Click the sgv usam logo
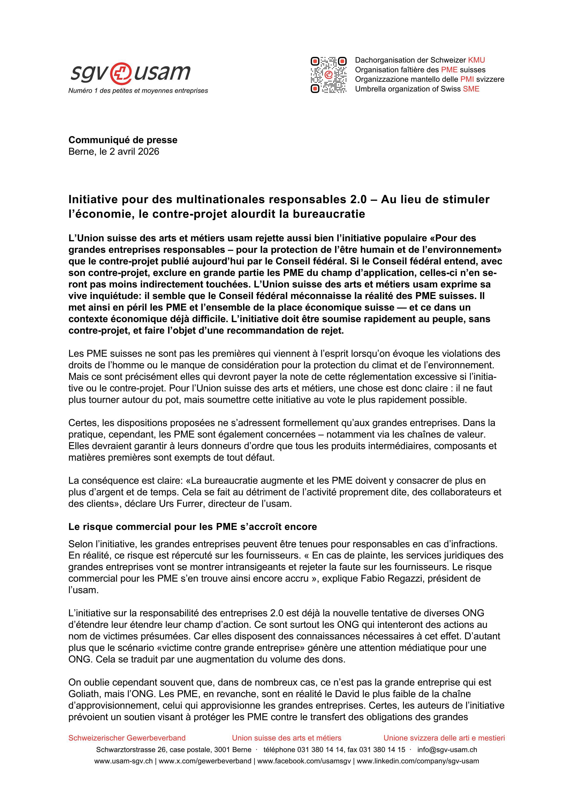coord(131,73)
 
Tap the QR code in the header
coord(328,75)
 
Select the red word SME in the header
coord(471,89)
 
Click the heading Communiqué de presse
coord(123,140)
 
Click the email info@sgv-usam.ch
coord(447,750)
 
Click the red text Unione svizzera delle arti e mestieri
coord(444,738)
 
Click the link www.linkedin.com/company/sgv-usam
coord(418,761)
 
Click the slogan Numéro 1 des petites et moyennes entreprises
coord(138,91)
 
